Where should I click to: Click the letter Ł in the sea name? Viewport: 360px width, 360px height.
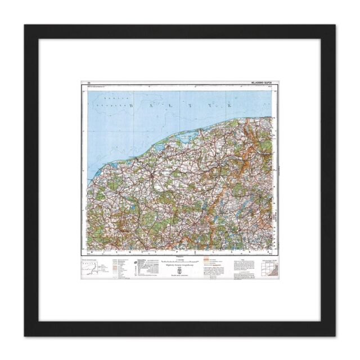[x=179, y=106]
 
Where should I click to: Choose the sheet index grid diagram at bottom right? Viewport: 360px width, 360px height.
[x=271, y=272]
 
